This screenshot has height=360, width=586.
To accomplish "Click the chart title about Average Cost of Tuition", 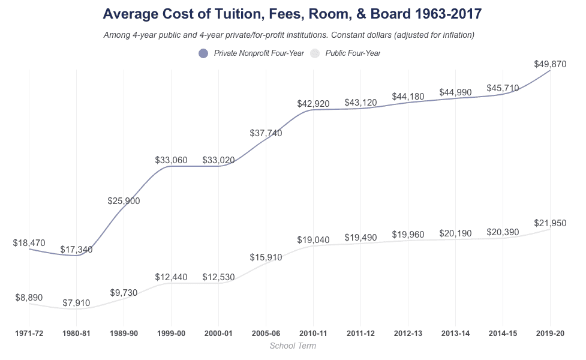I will pyautogui.click(x=292, y=14).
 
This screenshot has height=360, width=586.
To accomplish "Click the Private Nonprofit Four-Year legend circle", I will pyautogui.click(x=203, y=53).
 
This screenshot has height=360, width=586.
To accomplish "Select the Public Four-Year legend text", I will pyautogui.click(x=353, y=53).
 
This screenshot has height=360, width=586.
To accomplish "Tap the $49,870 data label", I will pyautogui.click(x=550, y=64).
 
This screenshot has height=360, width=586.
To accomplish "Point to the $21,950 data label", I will pyautogui.click(x=550, y=223).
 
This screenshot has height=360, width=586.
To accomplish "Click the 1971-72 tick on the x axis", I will pyautogui.click(x=29, y=333).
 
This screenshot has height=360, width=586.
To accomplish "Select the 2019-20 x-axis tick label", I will pyautogui.click(x=550, y=333).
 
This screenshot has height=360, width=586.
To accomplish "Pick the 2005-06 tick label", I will pyautogui.click(x=266, y=333).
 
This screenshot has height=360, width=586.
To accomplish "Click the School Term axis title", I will pyautogui.click(x=293, y=346).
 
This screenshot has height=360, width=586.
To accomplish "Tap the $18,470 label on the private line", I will pyautogui.click(x=29, y=243).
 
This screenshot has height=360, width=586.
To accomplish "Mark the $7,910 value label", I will pyautogui.click(x=76, y=303).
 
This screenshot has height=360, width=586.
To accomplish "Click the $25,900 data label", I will pyautogui.click(x=124, y=201).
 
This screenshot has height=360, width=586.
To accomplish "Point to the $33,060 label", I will pyautogui.click(x=171, y=160).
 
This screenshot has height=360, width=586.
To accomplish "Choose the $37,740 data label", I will pyautogui.click(x=266, y=133).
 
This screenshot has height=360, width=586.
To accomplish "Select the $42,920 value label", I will pyautogui.click(x=313, y=104).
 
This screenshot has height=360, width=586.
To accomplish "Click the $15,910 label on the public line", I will pyautogui.click(x=266, y=257).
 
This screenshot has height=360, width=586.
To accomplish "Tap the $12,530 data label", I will pyautogui.click(x=218, y=277).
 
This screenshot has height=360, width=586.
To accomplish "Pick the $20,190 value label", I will pyautogui.click(x=455, y=233).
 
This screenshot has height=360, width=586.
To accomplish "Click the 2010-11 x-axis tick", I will pyautogui.click(x=313, y=333).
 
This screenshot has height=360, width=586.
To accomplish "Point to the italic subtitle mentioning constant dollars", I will pyautogui.click(x=289, y=35).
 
